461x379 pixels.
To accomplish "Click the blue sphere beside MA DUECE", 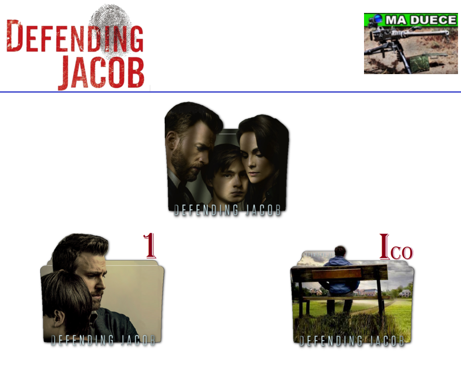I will pyautogui.click(x=377, y=19).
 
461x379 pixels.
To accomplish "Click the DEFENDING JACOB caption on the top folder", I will pyautogui.click(x=227, y=210).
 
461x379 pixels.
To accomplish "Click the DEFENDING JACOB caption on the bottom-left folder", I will pyautogui.click(x=103, y=340).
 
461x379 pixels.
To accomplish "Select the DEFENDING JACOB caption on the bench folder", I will pyautogui.click(x=352, y=341).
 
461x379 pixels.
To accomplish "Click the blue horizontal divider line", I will pyautogui.click(x=230, y=92).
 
